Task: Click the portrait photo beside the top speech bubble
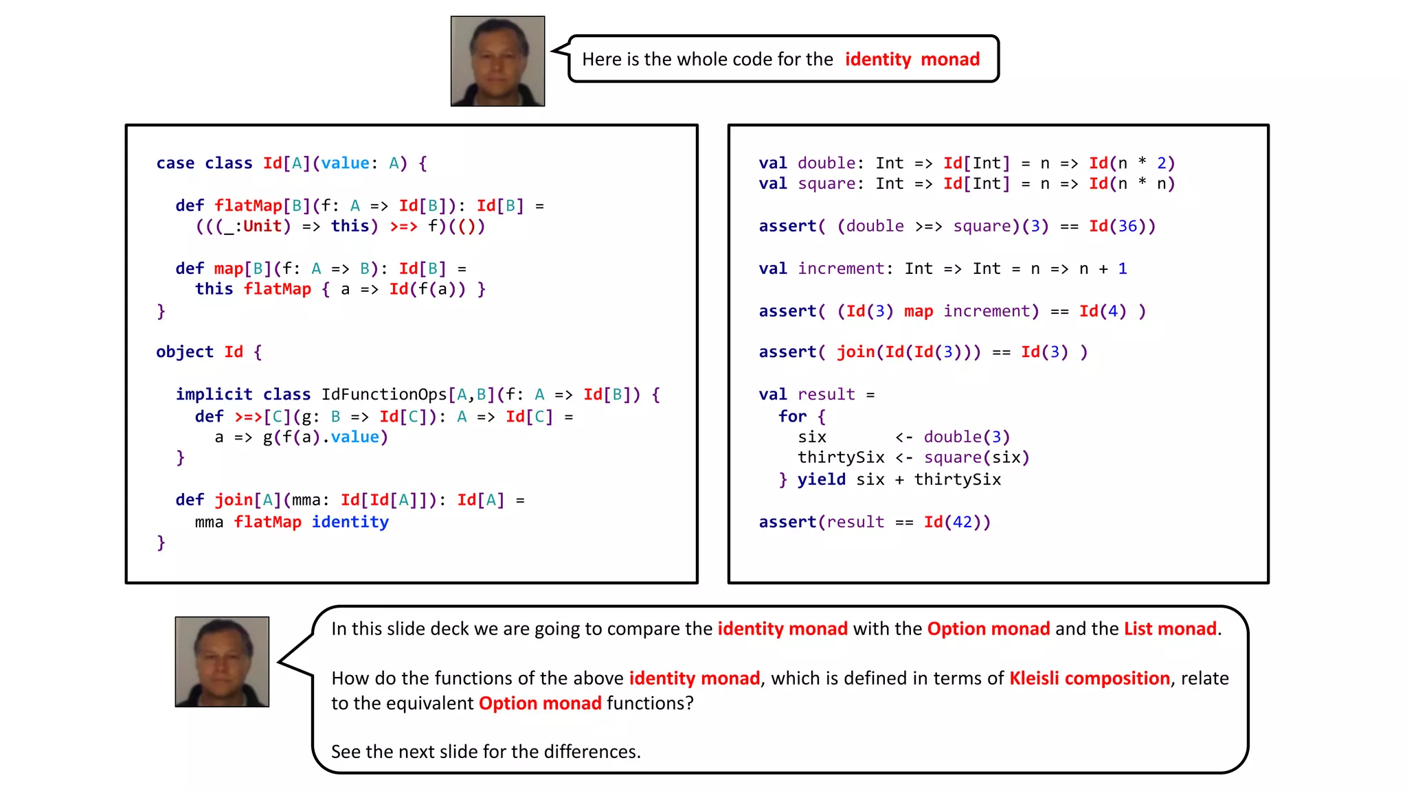[x=497, y=61]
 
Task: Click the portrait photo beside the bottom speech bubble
[x=222, y=661]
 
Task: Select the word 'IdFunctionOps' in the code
[x=384, y=395]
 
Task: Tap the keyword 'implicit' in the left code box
[x=214, y=395]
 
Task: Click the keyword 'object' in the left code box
[x=184, y=352]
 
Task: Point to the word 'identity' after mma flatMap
[x=350, y=523]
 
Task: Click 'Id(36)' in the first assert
[x=1122, y=227]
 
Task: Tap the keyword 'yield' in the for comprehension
[x=821, y=480]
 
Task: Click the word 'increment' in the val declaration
[x=841, y=269]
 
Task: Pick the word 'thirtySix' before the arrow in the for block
[x=841, y=458]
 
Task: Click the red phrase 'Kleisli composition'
[x=1089, y=678]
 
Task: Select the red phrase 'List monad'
[x=1170, y=629]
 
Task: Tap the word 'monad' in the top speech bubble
[x=950, y=60]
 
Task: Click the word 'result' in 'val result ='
[x=826, y=395]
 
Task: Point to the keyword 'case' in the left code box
[x=175, y=163]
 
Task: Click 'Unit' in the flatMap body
[x=262, y=227]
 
